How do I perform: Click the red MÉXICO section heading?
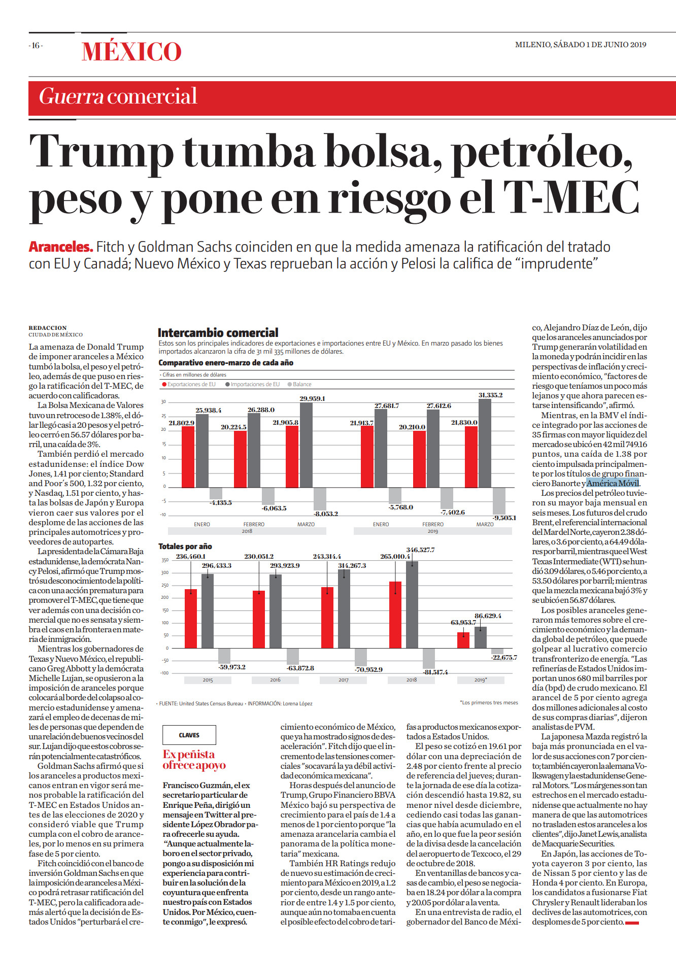131,52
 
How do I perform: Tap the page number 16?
36,46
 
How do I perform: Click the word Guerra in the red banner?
72,96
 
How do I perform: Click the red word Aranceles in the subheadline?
61,247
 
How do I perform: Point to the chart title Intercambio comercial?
218,333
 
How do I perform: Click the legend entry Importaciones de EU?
253,384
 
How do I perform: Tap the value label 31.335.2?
490,395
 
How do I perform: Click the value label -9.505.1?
504,518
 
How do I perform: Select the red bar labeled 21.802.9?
188,457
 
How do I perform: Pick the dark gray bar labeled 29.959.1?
307,445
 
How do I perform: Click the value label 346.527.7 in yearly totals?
420,550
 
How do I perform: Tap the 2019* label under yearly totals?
481,679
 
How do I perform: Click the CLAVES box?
189,735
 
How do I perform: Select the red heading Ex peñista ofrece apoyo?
194,760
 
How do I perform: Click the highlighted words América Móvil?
613,483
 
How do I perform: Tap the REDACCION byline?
48,328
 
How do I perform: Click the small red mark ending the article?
632,923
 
